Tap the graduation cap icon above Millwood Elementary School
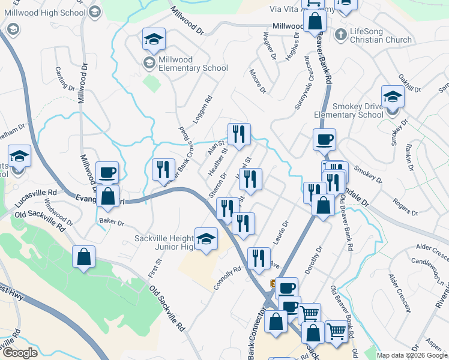pos(154,40)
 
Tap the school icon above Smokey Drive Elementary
pos(393,96)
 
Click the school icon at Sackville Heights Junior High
pos(206,239)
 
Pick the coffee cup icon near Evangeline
pos(107,173)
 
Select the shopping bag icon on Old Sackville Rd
pos(84,257)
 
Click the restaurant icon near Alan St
pos(239,134)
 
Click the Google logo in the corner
pos(20,352)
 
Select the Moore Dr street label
pos(257,81)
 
